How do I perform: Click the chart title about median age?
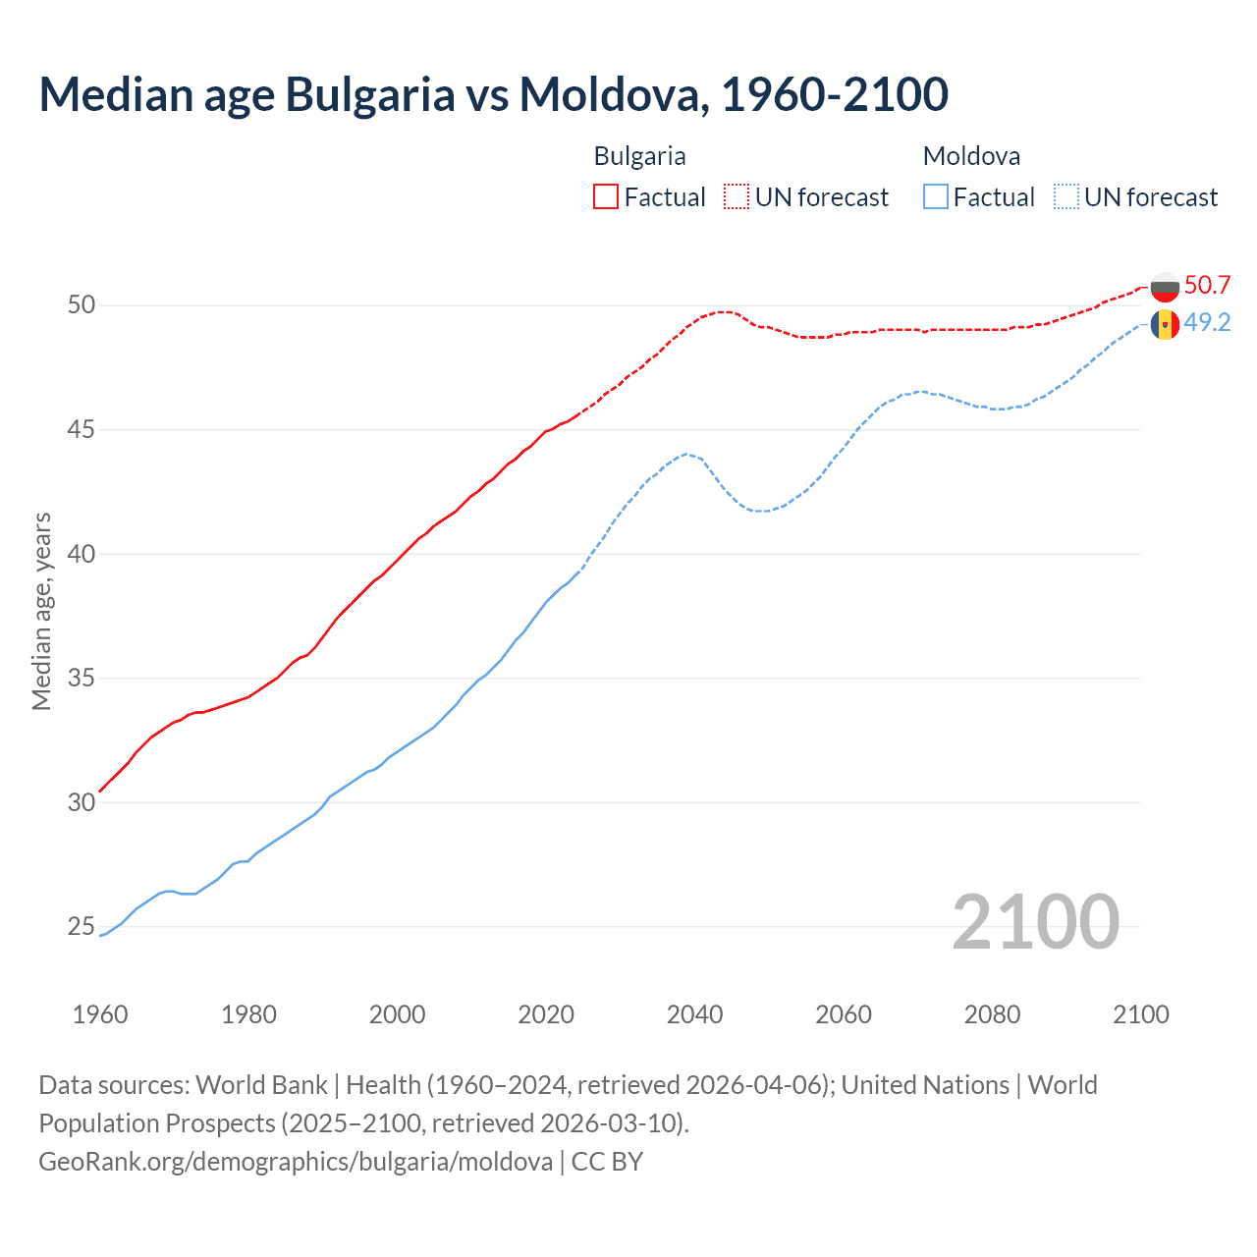(x=493, y=94)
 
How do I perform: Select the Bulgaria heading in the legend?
(x=639, y=156)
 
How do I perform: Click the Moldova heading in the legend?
(x=971, y=156)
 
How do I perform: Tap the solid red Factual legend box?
(x=606, y=196)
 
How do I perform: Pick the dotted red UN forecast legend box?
(x=737, y=196)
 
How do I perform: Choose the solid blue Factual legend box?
(x=936, y=196)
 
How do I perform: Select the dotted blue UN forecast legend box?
(x=1066, y=196)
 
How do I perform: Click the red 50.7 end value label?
(x=1207, y=286)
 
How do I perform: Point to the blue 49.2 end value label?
(x=1207, y=323)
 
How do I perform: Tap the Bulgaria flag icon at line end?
(x=1165, y=287)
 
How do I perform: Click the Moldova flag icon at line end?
(x=1165, y=324)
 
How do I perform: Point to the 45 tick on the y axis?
(x=82, y=430)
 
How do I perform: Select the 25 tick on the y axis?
(x=82, y=927)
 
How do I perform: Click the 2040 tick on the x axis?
(x=694, y=1014)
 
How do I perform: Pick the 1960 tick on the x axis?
(x=100, y=1014)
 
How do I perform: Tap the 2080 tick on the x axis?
(x=992, y=1014)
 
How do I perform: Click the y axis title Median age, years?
(x=41, y=611)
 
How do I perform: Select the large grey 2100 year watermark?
(x=1035, y=922)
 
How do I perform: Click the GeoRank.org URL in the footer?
(x=296, y=1162)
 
